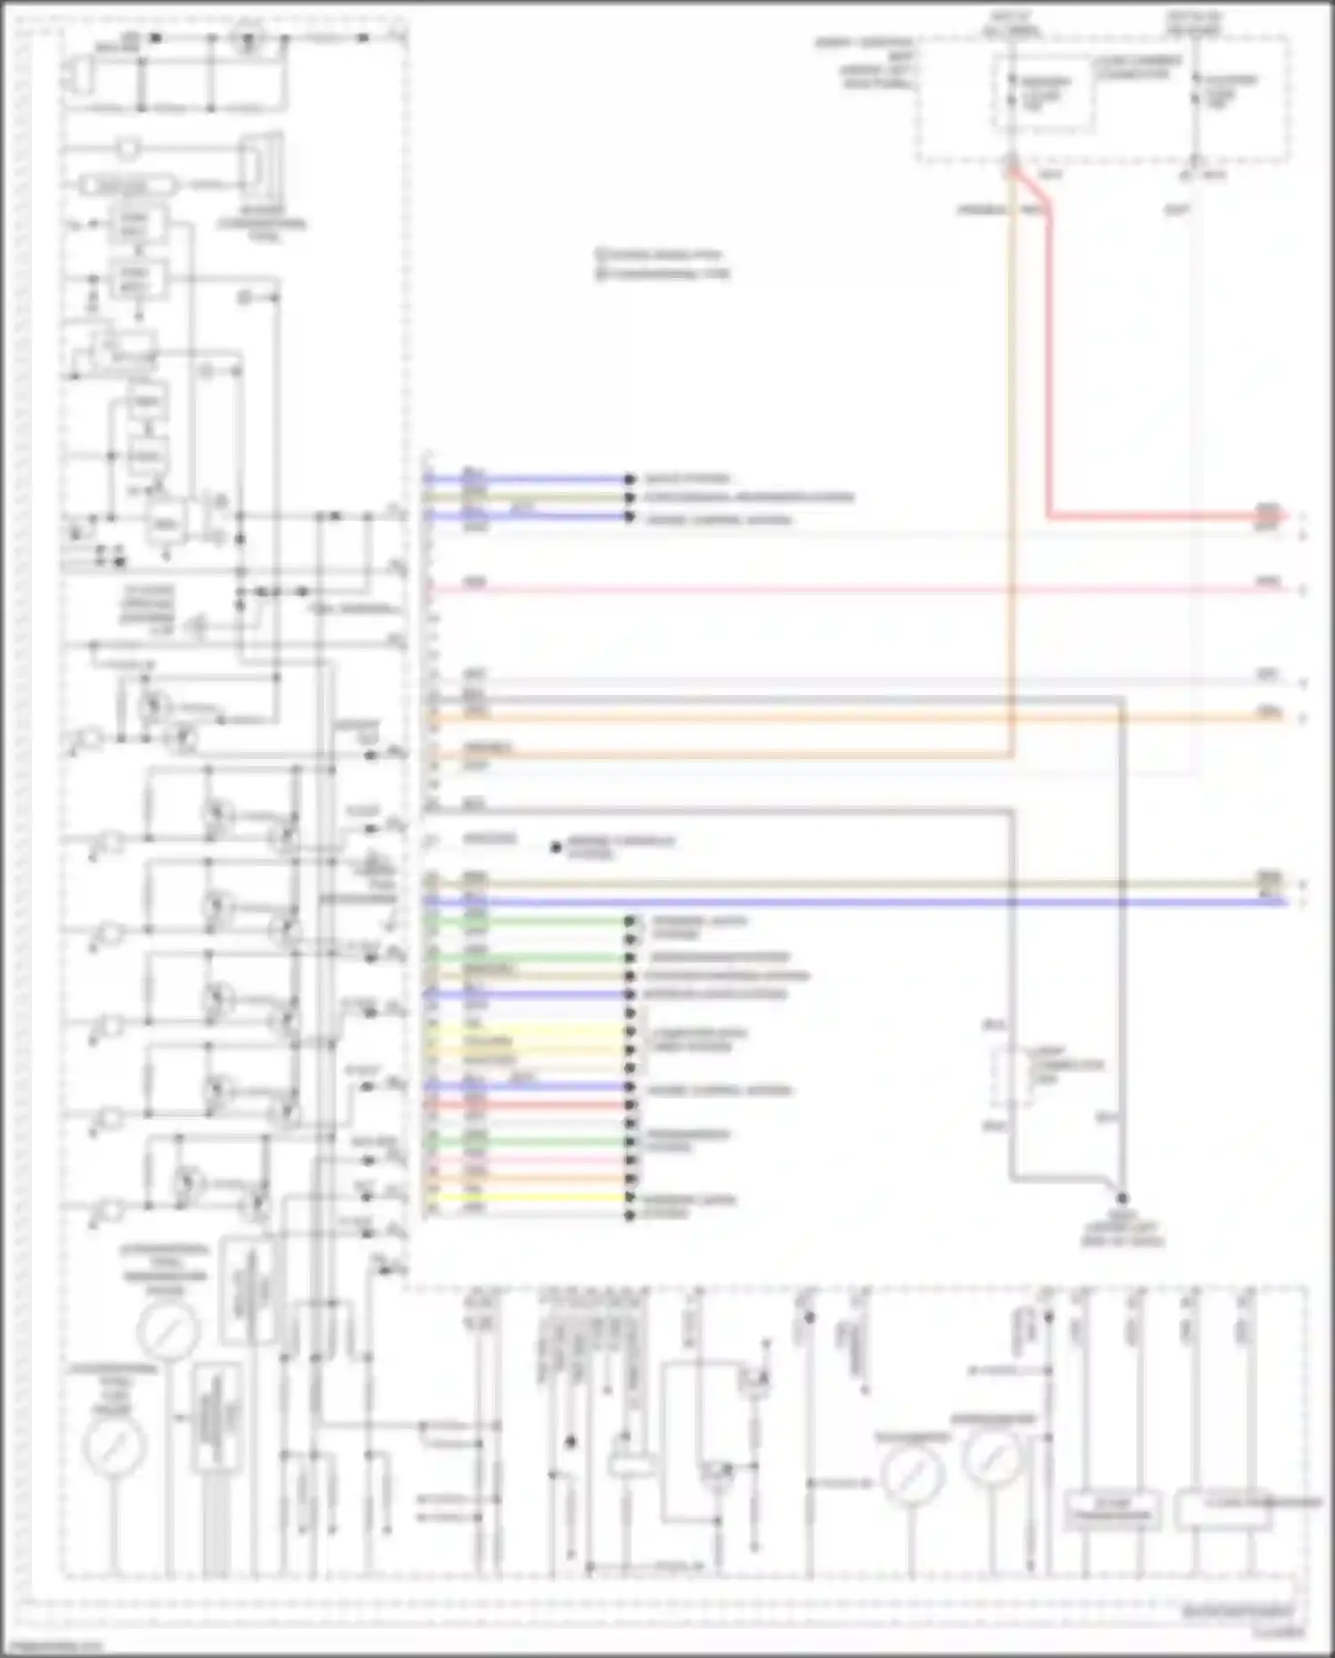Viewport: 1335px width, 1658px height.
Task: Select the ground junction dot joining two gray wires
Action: pyautogui.click(x=1122, y=1198)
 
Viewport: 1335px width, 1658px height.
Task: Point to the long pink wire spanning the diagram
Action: pyautogui.click(x=855, y=589)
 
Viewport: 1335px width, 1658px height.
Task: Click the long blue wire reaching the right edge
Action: pyautogui.click(x=855, y=902)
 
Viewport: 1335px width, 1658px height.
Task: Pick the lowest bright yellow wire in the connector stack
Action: pyautogui.click(x=534, y=1197)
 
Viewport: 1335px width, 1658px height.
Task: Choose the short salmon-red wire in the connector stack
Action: pyautogui.click(x=534, y=1105)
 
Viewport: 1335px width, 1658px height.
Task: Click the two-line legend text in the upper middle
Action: pyautogui.click(x=663, y=264)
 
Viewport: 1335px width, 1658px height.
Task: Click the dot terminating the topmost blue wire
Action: pyautogui.click(x=630, y=478)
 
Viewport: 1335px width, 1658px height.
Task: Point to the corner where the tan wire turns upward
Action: pyautogui.click(x=1011, y=755)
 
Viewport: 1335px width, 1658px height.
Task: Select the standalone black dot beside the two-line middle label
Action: pyautogui.click(x=556, y=847)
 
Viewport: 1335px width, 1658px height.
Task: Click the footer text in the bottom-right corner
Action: pyautogui.click(x=1238, y=1611)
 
